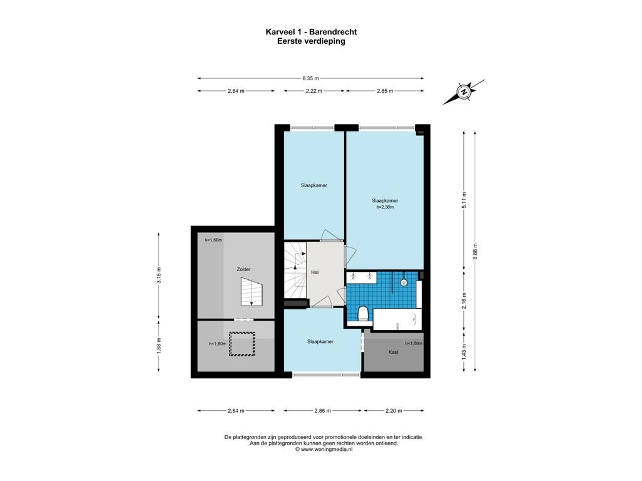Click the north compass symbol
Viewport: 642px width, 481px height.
tap(463, 91)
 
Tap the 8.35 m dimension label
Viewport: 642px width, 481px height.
tap(310, 78)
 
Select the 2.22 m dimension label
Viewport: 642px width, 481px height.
tap(314, 91)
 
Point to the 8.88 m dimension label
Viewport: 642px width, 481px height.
tap(475, 251)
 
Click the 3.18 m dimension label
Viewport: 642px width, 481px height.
tap(159, 275)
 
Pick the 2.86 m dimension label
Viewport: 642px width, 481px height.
tap(323, 411)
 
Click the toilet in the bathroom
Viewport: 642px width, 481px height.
tap(363, 314)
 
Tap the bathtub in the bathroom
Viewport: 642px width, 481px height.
tap(397, 319)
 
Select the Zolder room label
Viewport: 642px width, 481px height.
tap(244, 269)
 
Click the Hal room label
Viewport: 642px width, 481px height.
tap(315, 272)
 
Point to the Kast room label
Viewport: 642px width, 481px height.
tap(394, 352)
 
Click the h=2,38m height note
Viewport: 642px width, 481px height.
tap(385, 207)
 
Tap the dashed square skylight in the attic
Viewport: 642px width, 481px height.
tap(242, 344)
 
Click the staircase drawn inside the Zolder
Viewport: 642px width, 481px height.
tap(251, 292)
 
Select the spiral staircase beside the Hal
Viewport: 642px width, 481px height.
tap(295, 271)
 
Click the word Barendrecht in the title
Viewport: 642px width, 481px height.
tap(333, 32)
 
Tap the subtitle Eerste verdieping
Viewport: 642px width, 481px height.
tap(311, 41)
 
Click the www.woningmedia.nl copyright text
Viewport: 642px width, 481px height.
tap(324, 449)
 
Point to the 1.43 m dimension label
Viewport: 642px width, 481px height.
tap(464, 352)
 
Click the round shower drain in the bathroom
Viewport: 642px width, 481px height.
tap(404, 282)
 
